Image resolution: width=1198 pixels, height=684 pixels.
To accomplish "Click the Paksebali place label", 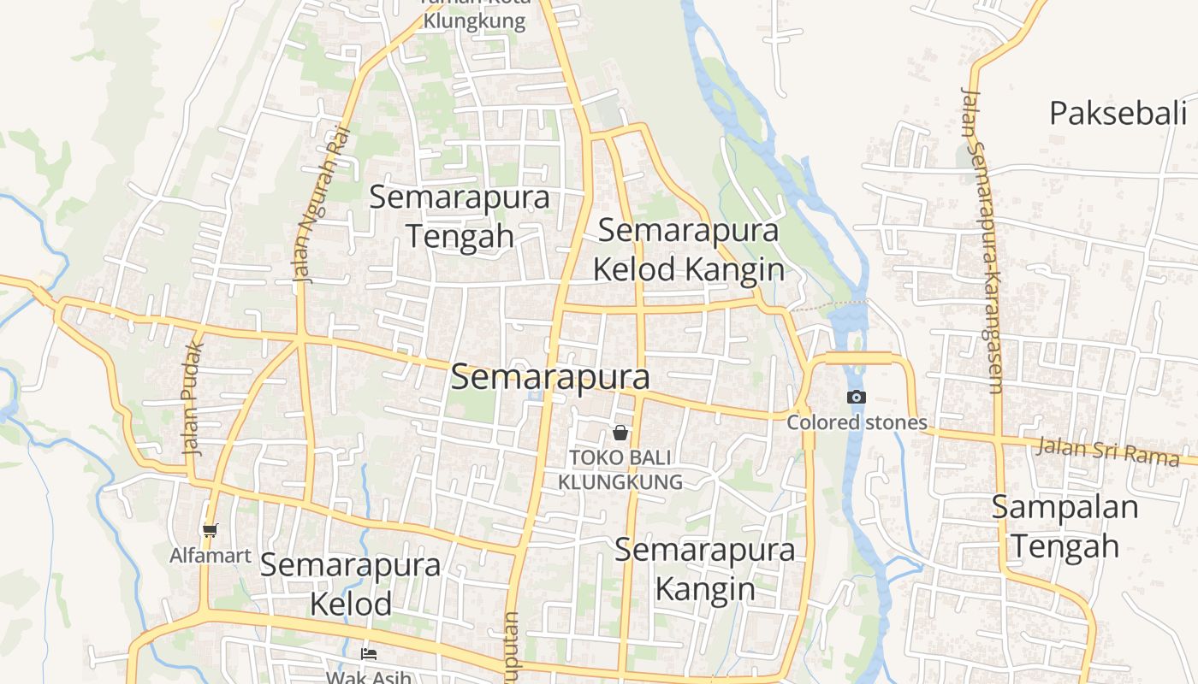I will point(1118,113).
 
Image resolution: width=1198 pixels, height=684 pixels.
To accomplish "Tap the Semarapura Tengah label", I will point(460,216).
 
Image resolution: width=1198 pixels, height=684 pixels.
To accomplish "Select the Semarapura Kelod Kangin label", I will point(689,250).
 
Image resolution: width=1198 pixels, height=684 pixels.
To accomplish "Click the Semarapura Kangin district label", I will point(705,569).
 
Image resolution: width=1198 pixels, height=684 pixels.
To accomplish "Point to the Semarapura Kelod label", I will point(351,584).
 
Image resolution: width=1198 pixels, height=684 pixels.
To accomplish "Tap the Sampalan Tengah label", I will point(1065,526).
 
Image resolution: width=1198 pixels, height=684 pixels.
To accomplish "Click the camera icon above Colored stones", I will point(856,398).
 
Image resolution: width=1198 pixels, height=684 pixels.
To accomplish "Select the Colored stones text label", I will point(857,422).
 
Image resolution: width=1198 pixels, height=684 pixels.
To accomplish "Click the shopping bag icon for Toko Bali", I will point(620,433).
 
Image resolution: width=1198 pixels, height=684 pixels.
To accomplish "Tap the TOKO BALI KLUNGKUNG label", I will point(620,469).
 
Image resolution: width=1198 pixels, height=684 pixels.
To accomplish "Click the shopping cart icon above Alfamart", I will point(211,531).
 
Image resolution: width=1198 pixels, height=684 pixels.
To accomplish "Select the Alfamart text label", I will point(211,556).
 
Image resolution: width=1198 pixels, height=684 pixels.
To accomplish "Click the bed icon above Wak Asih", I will point(369,654).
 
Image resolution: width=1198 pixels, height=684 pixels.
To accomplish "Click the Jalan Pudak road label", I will point(193,398).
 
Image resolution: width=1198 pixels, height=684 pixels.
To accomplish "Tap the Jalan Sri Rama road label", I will point(1108,451).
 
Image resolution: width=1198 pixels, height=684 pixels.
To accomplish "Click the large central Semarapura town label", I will point(550,377).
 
